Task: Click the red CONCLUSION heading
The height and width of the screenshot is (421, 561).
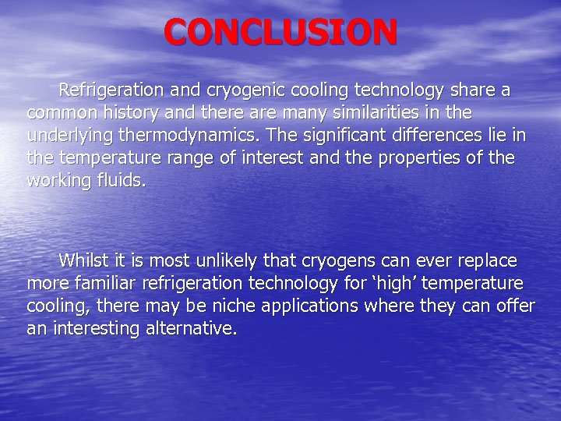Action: pyautogui.click(x=280, y=32)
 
